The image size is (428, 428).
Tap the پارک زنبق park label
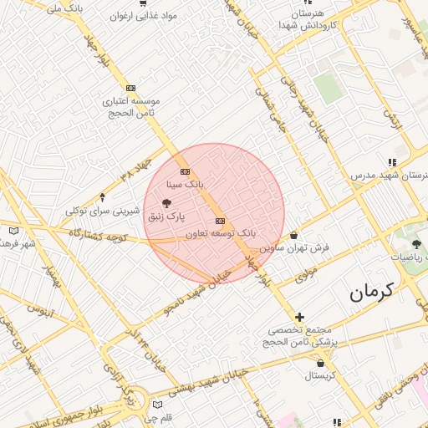point(166,217)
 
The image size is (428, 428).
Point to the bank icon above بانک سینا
point(186,171)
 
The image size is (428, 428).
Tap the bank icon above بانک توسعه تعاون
point(220,221)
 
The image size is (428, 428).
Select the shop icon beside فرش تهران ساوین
point(294,236)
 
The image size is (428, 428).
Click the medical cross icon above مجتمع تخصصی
point(299,317)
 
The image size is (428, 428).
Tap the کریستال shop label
point(319,375)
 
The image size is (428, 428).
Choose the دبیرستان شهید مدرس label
point(393,176)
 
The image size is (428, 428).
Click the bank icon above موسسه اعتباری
point(130,88)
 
